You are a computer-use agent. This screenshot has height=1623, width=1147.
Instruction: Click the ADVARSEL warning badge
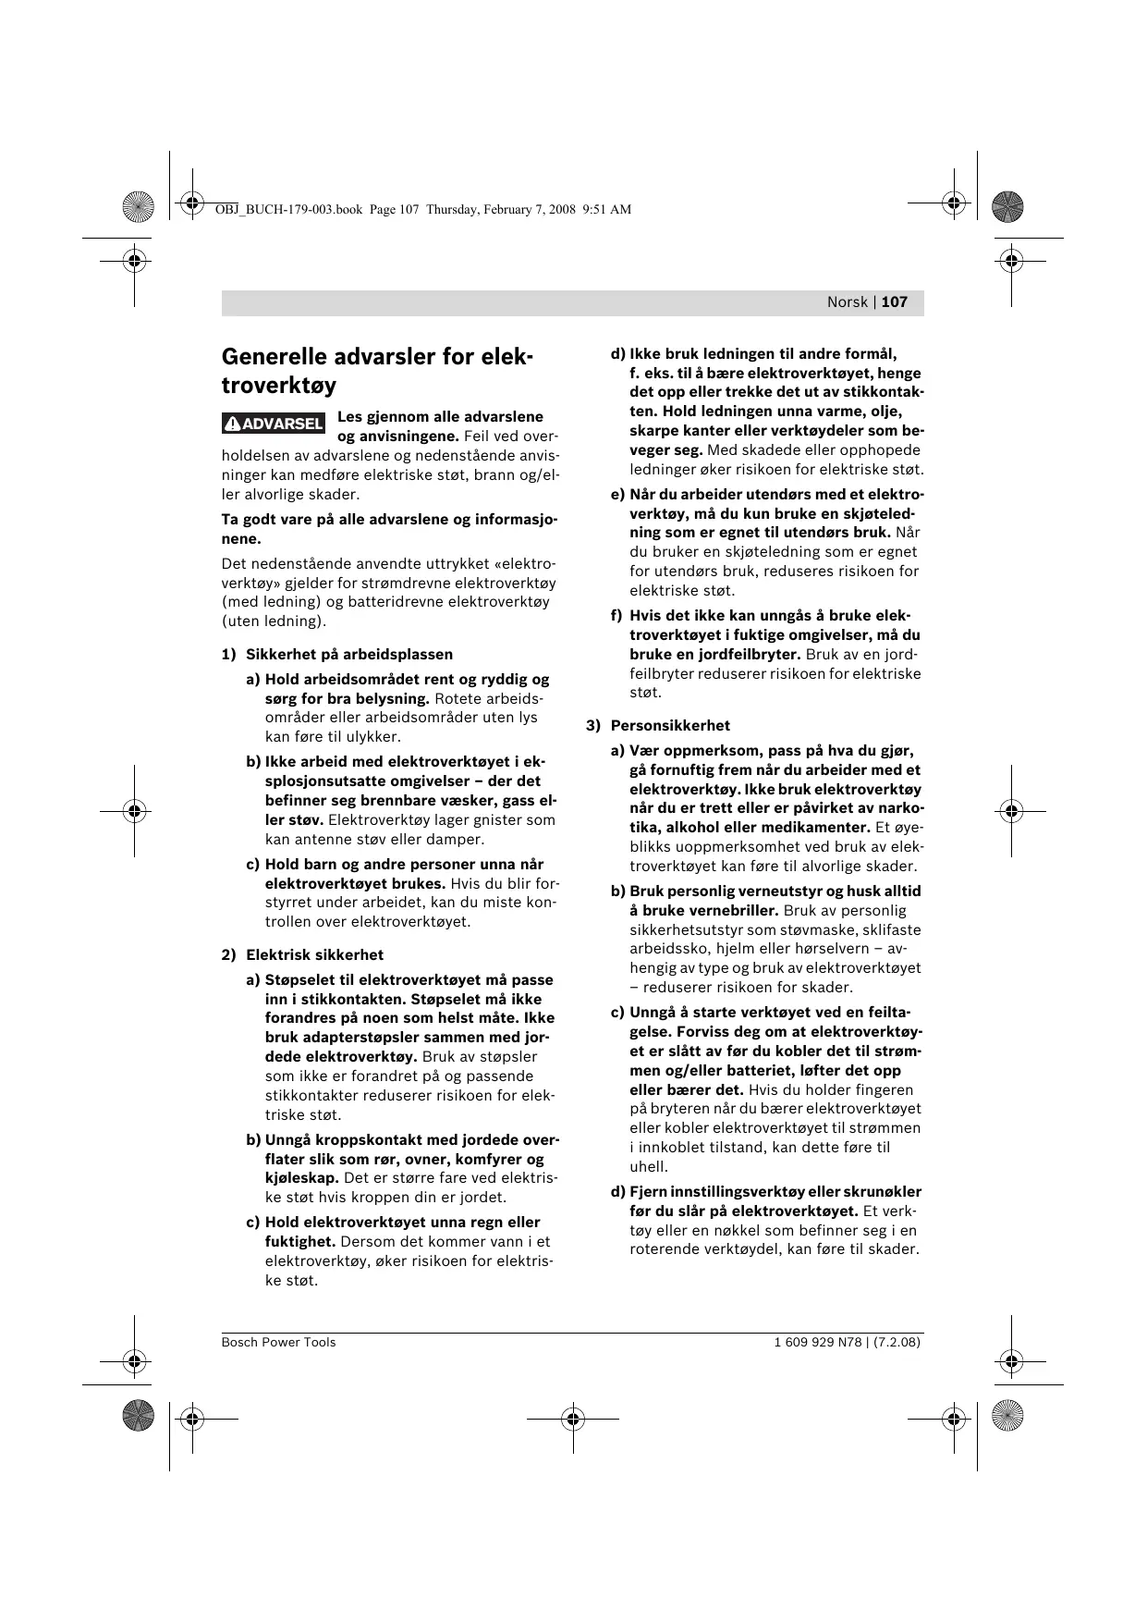point(274,424)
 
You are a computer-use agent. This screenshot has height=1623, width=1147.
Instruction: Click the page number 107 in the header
point(895,302)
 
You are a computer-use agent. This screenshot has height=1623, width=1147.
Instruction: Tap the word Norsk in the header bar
point(847,302)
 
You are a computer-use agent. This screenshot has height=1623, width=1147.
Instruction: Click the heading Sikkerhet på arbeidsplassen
point(348,655)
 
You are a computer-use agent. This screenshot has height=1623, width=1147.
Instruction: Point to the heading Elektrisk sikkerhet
point(314,955)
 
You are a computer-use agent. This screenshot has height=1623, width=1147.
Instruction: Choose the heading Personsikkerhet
point(670,726)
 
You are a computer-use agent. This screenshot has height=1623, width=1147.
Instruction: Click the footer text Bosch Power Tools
point(278,1343)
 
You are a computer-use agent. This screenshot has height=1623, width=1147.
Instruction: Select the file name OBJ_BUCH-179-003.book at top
point(288,210)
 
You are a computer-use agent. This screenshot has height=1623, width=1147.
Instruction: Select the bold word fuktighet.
point(299,1242)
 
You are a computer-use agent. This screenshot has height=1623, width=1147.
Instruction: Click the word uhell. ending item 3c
point(648,1167)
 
